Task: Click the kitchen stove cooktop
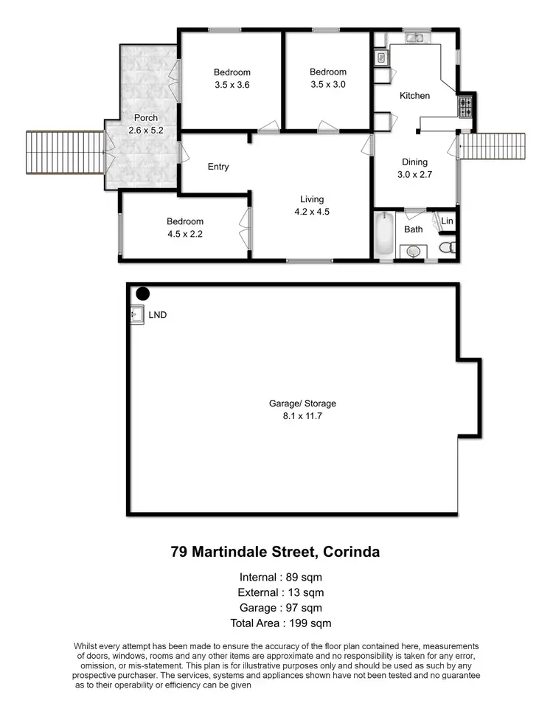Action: click(x=467, y=108)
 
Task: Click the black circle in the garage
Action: click(x=142, y=294)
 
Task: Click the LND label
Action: click(x=158, y=315)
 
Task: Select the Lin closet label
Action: click(x=447, y=221)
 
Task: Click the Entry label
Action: click(x=218, y=167)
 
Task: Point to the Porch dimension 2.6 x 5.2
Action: click(x=146, y=130)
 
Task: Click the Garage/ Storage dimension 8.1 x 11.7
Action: click(x=302, y=416)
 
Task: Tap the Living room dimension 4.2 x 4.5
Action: click(x=312, y=212)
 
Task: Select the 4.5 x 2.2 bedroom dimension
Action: click(x=184, y=234)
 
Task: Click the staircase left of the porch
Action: click(x=66, y=153)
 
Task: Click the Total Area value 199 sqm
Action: click(x=312, y=623)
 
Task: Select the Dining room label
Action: click(x=414, y=162)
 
